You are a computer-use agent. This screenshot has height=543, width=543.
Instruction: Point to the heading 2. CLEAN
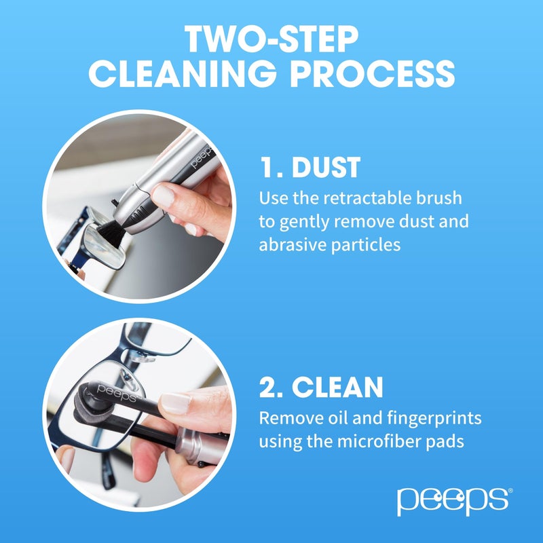click(321, 387)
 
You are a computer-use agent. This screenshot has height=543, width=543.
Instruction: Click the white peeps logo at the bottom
click(452, 500)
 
